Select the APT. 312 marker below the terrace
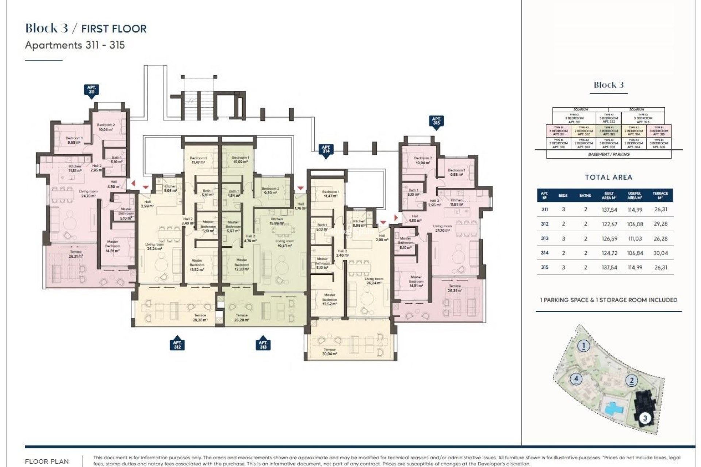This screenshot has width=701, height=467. click(177, 344)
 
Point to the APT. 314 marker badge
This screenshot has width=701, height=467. click(326, 150)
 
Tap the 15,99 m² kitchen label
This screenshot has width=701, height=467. click(277, 221)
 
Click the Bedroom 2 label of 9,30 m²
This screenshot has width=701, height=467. click(271, 190)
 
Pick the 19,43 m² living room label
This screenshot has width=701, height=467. click(285, 243)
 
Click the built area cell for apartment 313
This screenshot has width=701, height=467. click(609, 239)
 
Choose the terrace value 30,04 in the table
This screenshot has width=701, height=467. click(660, 253)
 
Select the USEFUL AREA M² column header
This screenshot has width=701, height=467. click(635, 196)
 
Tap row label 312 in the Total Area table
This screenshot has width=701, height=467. click(544, 224)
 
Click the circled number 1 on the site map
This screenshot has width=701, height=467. click(584, 346)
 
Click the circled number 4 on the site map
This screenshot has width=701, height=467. click(576, 379)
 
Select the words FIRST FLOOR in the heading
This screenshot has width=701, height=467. click(114, 29)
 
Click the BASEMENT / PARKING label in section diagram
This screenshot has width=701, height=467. click(609, 154)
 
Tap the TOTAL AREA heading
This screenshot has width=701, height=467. click(608, 177)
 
